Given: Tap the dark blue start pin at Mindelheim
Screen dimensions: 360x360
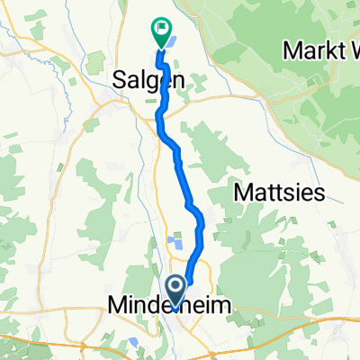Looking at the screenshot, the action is [x=176, y=289].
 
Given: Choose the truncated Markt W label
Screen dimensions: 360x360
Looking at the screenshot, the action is [x=320, y=49].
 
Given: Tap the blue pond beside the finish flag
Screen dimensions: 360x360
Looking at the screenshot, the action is [x=173, y=40].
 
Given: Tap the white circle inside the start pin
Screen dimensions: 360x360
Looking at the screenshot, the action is [x=176, y=287].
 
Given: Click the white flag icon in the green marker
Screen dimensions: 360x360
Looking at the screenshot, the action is [x=161, y=28].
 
